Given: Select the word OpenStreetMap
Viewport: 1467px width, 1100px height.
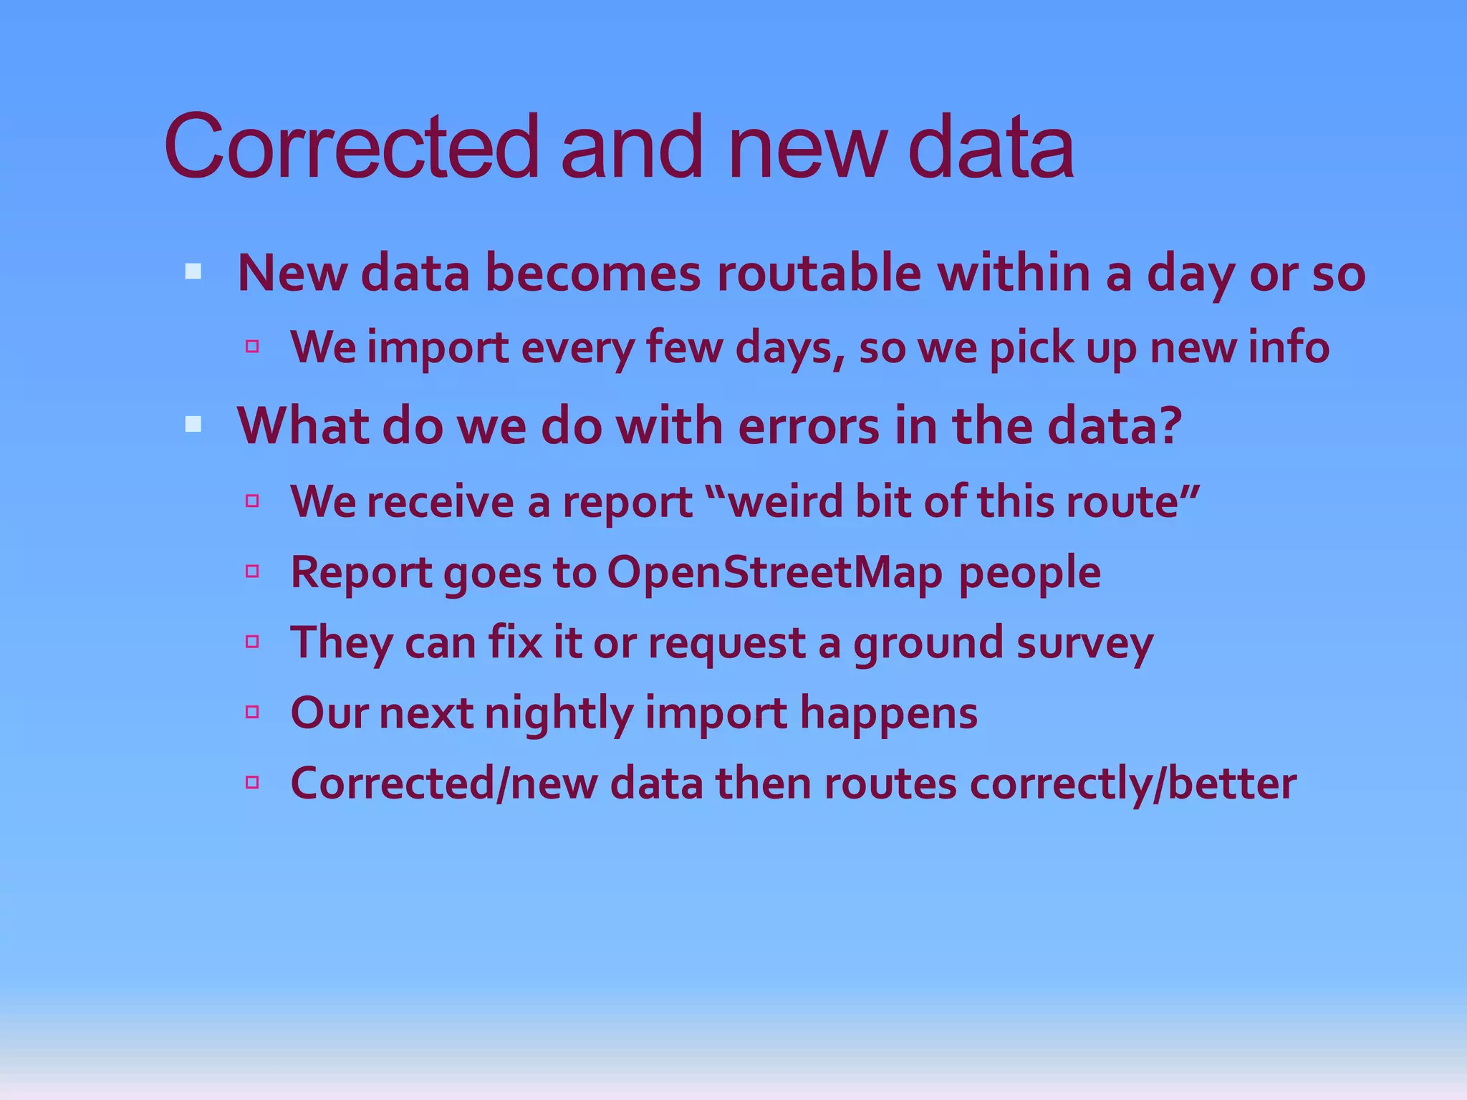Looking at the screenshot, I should point(774,573).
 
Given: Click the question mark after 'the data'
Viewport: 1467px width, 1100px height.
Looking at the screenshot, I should point(1169,425).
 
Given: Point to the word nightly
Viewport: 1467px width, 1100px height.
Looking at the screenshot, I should point(559,714).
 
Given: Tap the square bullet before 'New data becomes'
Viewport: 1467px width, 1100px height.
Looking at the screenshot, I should point(193,272).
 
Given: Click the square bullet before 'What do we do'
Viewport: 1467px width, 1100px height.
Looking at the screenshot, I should point(193,425).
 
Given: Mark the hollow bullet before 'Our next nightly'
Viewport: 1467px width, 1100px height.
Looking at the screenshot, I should point(251,712).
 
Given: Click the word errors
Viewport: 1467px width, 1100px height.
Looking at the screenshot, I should point(808,426).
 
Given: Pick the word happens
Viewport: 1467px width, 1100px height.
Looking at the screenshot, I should point(888,714).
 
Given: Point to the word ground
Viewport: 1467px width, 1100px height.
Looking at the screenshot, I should point(928,643).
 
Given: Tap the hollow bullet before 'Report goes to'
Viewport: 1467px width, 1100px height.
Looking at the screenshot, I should point(251,571).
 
